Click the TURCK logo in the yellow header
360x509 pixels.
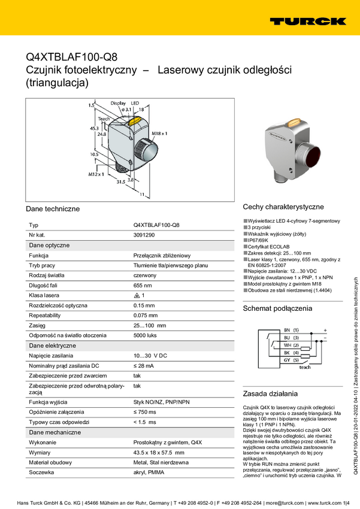pos(307,21)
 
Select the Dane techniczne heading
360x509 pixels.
pos(53,209)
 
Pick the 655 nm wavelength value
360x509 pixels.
pos(143,286)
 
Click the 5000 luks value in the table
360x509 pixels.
pos(146,335)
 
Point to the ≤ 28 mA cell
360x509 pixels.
pos(144,365)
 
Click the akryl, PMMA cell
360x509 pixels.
pos(149,472)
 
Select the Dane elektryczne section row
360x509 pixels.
pos(53,346)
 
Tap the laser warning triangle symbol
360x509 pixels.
pos(137,296)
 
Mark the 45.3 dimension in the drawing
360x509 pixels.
pos(94,128)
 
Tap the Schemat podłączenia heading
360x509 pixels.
pos(277,308)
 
